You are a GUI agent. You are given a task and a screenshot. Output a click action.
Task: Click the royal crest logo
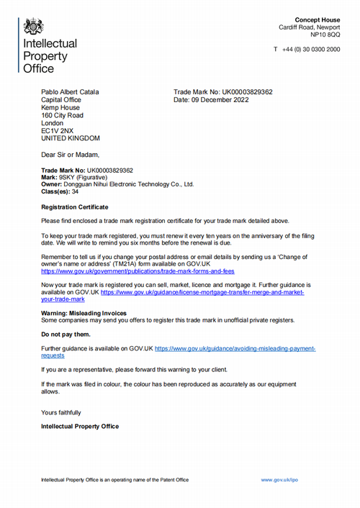[33, 27]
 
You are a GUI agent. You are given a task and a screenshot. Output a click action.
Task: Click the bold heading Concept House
[318, 19]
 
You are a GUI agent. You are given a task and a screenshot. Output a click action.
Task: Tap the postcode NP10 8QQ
[325, 35]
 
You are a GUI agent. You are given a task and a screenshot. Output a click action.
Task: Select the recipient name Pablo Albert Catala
[70, 92]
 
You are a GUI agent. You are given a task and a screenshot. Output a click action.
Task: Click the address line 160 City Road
[62, 115]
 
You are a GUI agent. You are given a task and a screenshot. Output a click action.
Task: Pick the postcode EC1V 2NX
[57, 131]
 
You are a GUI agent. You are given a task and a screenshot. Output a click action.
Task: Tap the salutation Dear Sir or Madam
[71, 155]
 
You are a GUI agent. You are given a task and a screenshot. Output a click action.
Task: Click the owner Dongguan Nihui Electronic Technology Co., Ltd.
[131, 184]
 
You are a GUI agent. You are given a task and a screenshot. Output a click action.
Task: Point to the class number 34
[75, 191]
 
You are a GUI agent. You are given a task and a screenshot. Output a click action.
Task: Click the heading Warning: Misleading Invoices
[84, 313]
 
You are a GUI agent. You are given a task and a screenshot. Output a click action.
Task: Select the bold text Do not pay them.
[66, 335]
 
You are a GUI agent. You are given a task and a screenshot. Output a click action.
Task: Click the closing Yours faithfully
[61, 412]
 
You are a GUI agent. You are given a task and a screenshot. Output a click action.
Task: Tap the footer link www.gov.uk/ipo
[279, 479]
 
